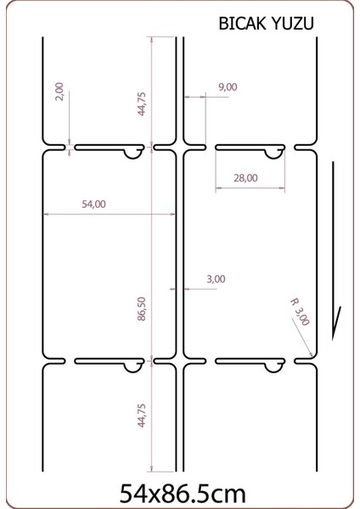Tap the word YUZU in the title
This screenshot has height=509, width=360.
(294, 25)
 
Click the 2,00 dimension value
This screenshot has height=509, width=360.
(59, 92)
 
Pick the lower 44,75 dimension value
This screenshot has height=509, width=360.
(142, 417)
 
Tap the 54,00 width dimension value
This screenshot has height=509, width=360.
(93, 204)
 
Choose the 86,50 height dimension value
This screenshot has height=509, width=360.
(142, 308)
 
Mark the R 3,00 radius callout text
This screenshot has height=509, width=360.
(300, 311)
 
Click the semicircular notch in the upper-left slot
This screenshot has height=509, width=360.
(132, 154)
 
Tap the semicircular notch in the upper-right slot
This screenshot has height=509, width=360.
(273, 154)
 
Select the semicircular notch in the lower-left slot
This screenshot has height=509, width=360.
(132, 366)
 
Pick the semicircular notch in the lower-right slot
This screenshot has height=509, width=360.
(273, 366)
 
